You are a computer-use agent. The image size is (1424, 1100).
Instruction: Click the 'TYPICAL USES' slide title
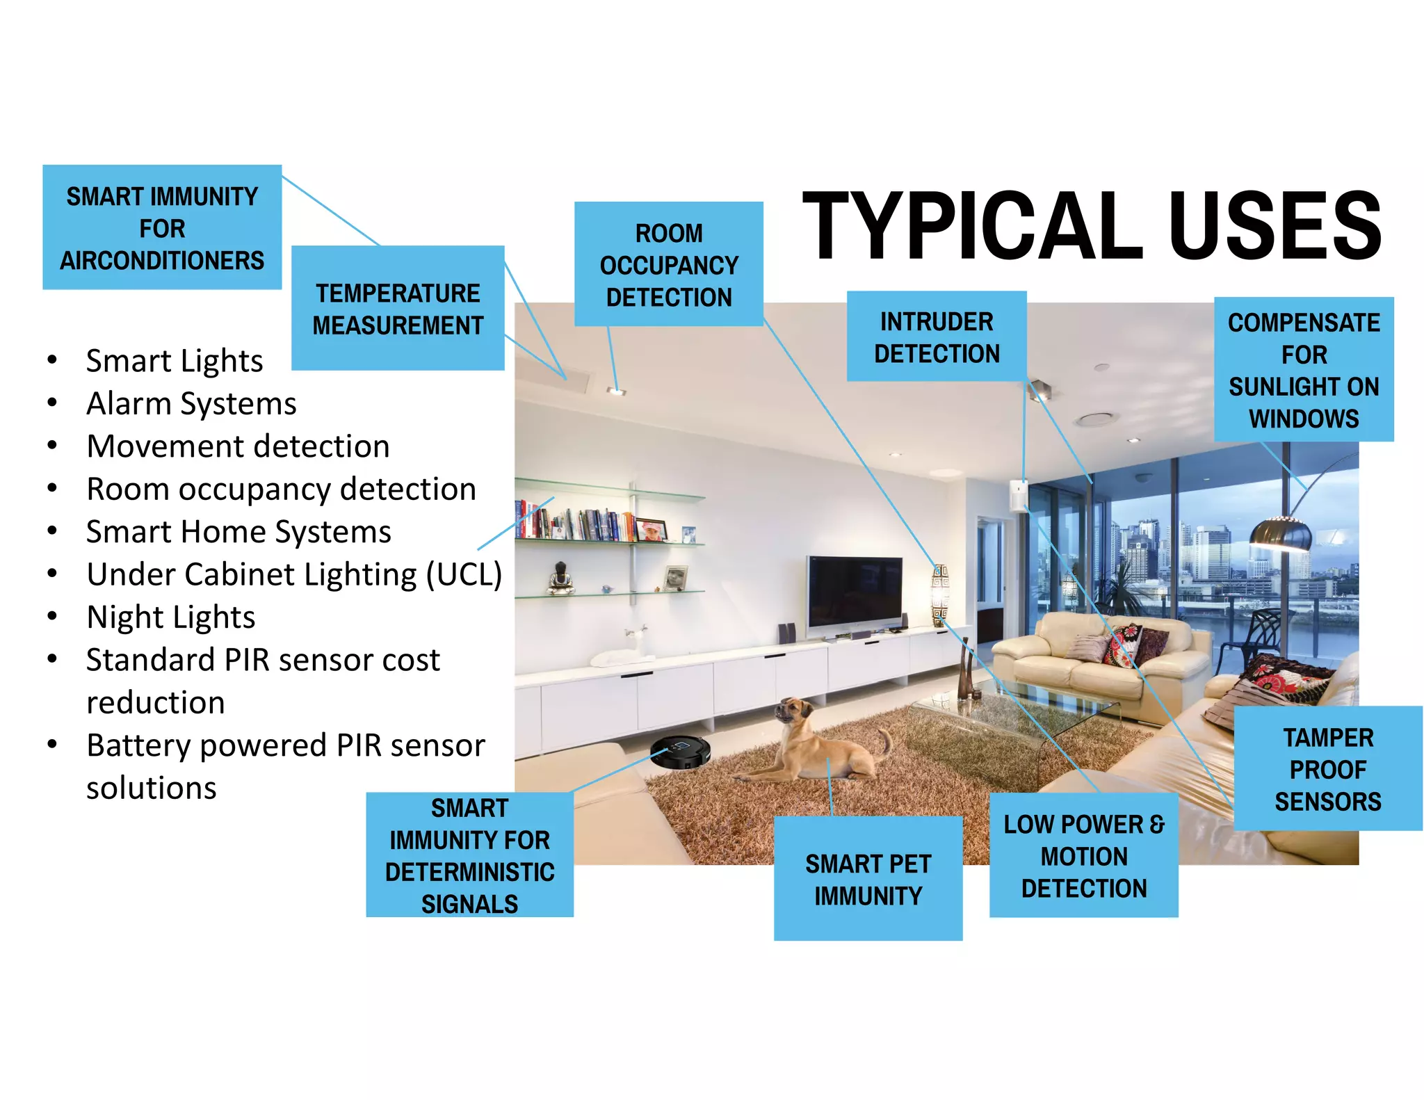(1092, 226)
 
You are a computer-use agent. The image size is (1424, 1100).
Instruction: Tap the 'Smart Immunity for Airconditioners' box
(162, 227)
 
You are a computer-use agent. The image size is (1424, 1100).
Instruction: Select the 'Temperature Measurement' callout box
(398, 308)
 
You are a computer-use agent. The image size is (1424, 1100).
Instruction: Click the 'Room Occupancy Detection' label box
(669, 264)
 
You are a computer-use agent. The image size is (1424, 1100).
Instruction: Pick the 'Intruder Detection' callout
(937, 337)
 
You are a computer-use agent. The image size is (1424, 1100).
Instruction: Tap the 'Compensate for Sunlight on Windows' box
(1304, 369)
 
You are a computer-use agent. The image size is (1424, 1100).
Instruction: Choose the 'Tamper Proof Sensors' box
(1328, 768)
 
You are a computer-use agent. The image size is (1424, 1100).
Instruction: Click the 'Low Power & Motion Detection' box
(1083, 855)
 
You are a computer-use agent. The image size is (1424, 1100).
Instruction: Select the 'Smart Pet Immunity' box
(868, 879)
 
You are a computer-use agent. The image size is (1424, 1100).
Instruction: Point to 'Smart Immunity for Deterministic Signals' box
(469, 855)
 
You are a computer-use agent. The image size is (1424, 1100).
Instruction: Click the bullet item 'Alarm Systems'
(191, 404)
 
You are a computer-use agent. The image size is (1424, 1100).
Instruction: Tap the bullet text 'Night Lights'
(171, 617)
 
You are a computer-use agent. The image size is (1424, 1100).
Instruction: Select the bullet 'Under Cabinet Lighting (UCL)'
(294, 574)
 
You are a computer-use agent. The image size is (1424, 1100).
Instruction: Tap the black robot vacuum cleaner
(680, 752)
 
